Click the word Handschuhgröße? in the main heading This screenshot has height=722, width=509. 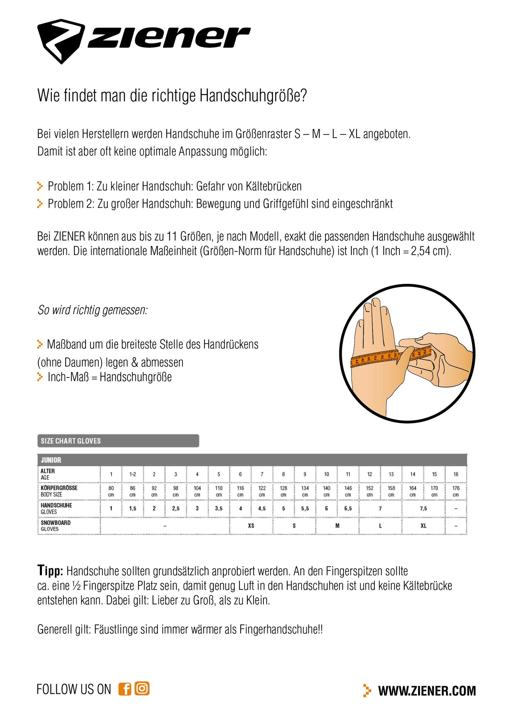coord(253,95)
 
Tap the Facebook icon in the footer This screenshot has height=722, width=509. coord(125,689)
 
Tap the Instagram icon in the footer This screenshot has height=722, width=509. coord(142,689)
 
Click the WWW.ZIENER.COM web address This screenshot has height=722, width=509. coord(427,691)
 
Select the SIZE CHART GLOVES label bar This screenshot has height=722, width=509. coord(118,441)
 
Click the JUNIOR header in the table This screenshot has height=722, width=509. coord(51,460)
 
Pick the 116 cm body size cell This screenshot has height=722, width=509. coord(240,491)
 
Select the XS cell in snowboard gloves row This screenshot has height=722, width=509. coord(251,526)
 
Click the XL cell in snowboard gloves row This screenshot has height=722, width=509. coord(423,526)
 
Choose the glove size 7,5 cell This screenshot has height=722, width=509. coord(423,509)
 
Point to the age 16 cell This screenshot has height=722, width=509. coord(456,474)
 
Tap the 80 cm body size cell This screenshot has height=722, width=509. coord(111,491)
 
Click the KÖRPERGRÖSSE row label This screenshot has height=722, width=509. coord(59,488)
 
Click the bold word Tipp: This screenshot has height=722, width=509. coord(50,571)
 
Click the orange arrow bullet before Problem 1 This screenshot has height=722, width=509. coord(40,186)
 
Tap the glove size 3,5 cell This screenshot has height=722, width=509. coord(219,509)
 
